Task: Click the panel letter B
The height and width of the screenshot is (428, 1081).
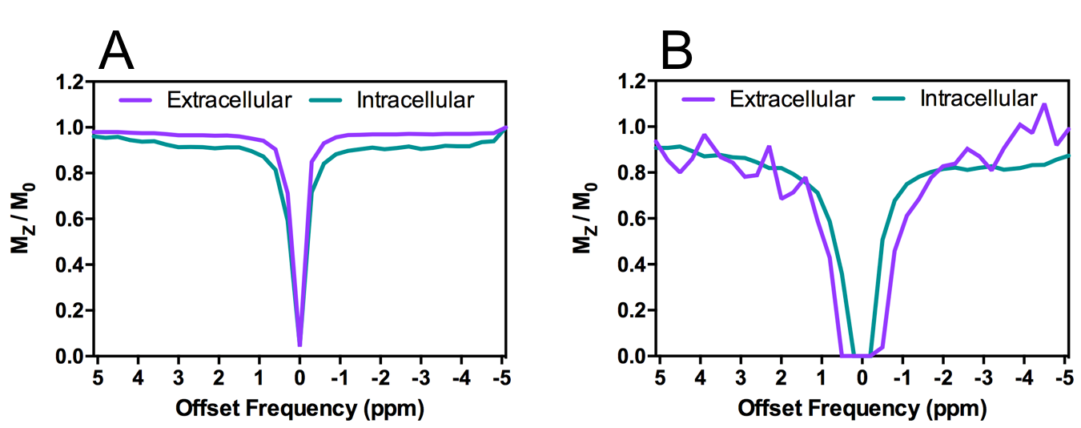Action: (677, 52)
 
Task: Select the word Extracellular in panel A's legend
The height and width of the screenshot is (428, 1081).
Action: (229, 100)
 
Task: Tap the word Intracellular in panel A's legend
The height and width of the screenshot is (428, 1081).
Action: (416, 100)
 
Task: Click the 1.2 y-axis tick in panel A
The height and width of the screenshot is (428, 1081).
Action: (69, 81)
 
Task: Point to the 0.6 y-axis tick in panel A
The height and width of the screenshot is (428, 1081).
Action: (69, 219)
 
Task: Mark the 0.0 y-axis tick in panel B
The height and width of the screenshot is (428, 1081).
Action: (632, 356)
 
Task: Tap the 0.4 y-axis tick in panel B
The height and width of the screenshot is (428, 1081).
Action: (632, 310)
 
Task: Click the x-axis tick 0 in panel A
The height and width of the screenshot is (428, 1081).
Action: (299, 378)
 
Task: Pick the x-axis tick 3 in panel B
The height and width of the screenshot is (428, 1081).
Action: (741, 378)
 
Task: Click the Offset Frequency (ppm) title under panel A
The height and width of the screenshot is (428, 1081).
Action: (299, 409)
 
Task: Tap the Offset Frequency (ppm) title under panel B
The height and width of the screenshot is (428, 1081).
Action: (862, 409)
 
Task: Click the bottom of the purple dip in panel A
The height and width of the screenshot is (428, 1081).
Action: (299, 345)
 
